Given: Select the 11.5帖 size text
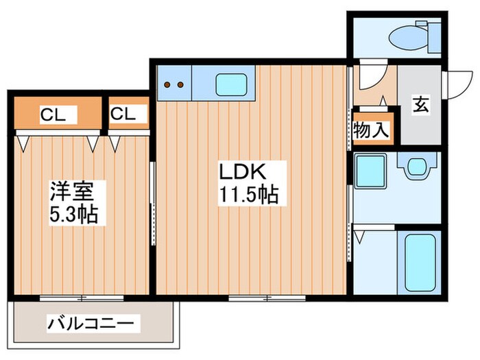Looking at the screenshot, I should click(x=248, y=195).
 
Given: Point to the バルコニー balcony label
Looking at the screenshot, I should click(x=93, y=322).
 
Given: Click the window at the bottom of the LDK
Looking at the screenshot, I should click(x=260, y=297).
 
